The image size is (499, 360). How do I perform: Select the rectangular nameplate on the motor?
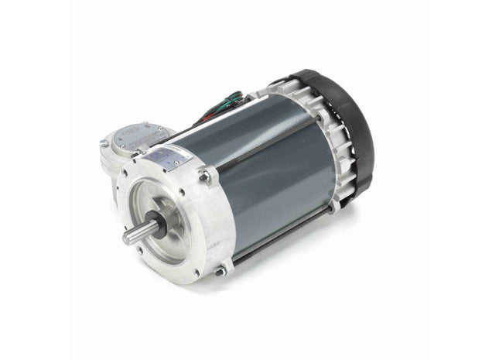tap(169, 156)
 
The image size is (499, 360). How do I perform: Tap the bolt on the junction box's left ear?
tap(104, 143)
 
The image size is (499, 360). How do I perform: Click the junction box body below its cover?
tap(116, 159)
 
